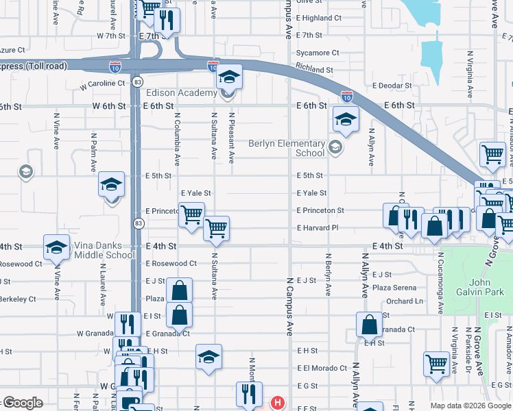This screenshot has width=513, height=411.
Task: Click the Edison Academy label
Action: pos(180,92)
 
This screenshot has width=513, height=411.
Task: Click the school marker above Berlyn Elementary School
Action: pos(346,119)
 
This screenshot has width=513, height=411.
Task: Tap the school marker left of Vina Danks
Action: pos(56,247)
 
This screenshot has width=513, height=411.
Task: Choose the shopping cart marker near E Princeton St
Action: pos(191,214)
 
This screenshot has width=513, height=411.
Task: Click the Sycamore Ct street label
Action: pos(317,53)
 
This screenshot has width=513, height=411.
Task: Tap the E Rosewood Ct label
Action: pos(171,264)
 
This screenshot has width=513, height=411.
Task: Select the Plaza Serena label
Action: pos(394,288)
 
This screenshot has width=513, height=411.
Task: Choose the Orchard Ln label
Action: pos(404,301)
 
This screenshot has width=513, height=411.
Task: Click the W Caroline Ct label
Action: pos(102,84)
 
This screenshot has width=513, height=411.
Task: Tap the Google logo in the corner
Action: pos(22,403)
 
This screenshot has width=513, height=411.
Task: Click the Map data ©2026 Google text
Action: pos(469,405)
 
